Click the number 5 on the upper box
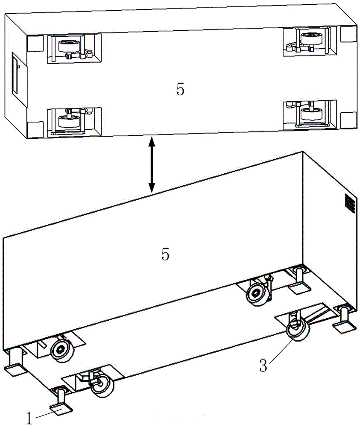(x=180, y=89)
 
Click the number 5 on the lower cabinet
(x=165, y=254)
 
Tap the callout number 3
(x=263, y=365)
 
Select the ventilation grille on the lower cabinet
(x=350, y=204)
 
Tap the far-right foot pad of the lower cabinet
(x=345, y=327)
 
